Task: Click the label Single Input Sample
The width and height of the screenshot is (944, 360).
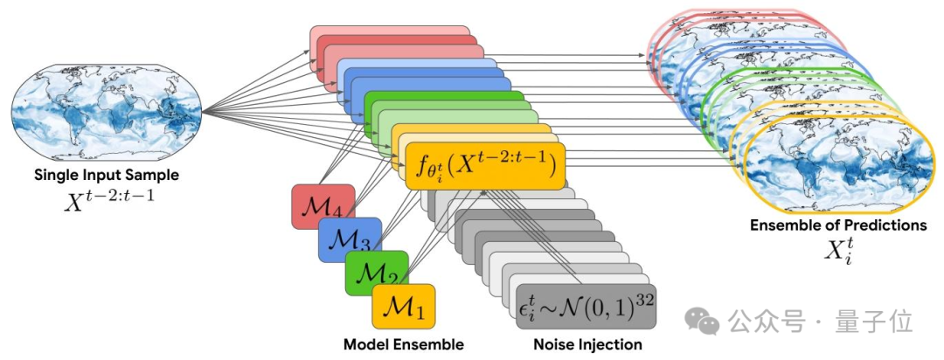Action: click(x=107, y=175)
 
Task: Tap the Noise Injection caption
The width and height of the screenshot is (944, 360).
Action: click(x=587, y=344)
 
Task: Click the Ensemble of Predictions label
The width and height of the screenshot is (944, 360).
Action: click(x=838, y=225)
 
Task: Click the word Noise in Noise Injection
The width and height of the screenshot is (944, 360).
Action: click(x=552, y=344)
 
